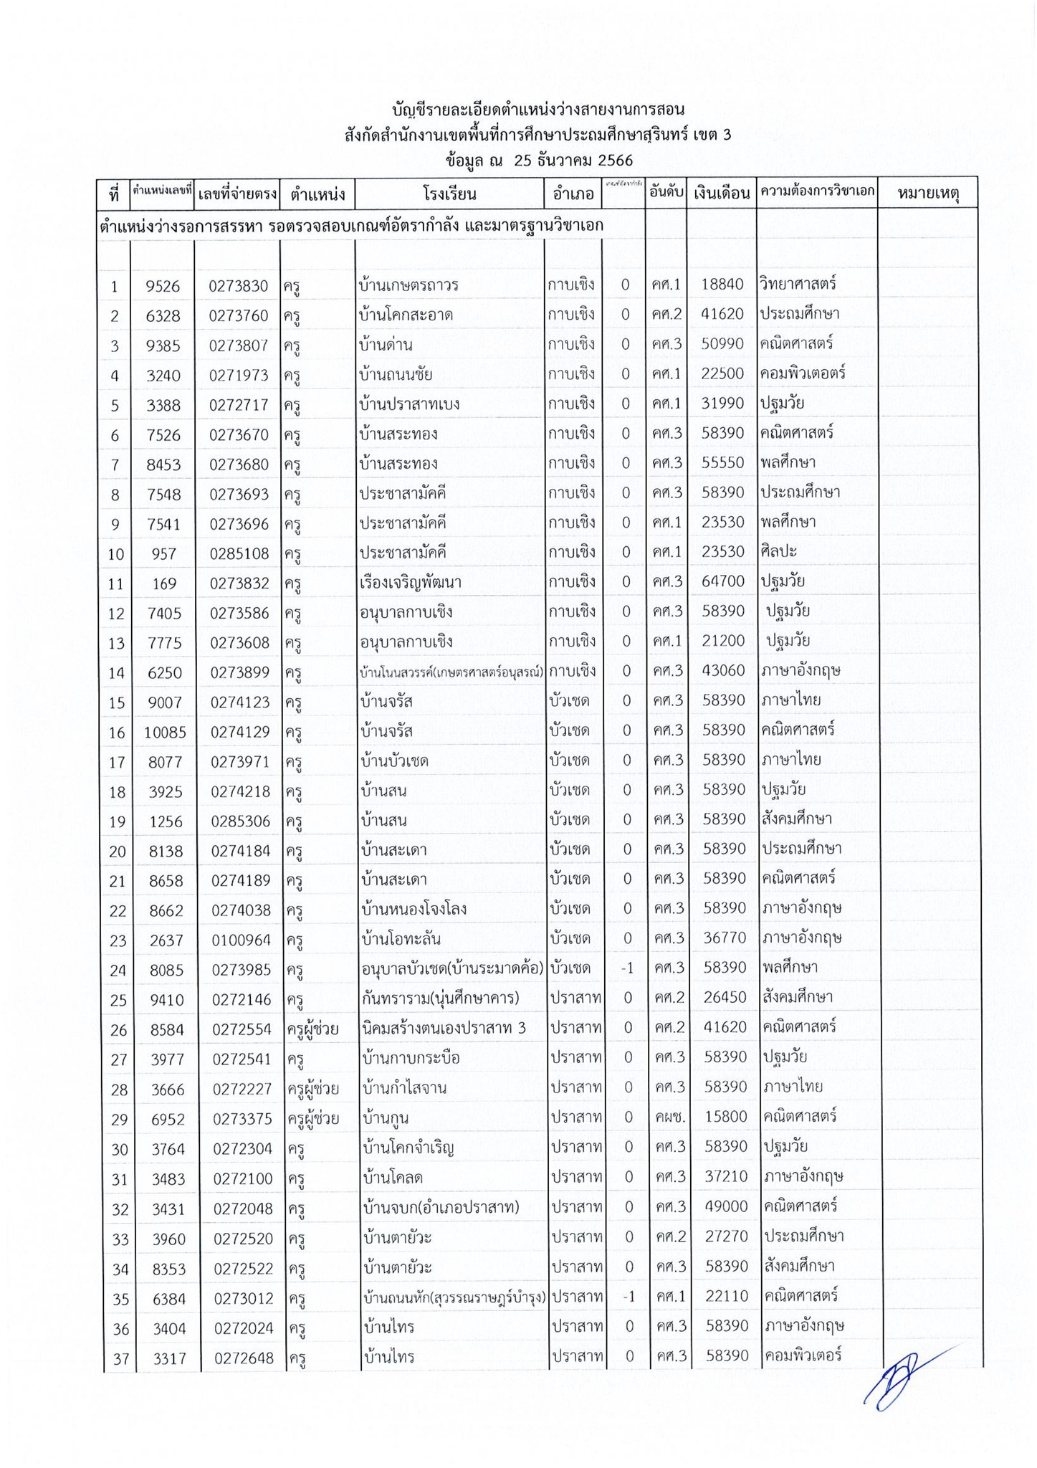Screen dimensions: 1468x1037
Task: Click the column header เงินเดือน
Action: [x=721, y=194]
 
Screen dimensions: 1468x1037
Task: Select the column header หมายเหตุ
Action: [x=927, y=194]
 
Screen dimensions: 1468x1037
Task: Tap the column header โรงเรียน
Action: [x=449, y=194]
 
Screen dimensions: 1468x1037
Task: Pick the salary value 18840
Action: [x=722, y=285]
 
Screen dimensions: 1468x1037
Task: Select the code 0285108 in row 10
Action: [x=239, y=554]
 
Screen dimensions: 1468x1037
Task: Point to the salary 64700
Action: [x=723, y=581]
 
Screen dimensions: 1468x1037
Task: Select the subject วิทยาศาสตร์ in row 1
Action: [x=798, y=284]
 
